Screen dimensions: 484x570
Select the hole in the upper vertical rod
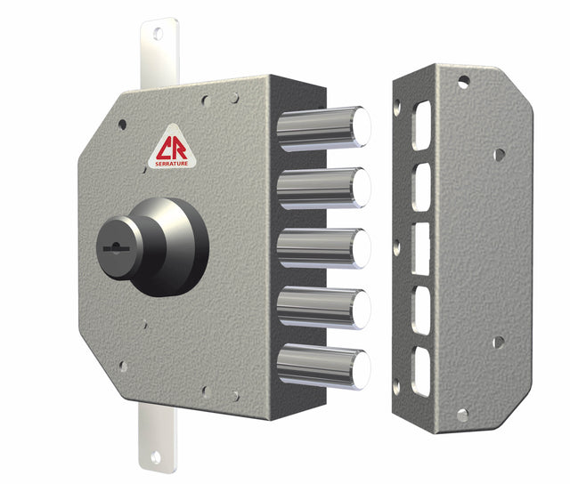pos(158,33)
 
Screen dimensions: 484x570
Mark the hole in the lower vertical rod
pos(157,456)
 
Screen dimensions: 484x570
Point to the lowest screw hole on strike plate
pos(461,415)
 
